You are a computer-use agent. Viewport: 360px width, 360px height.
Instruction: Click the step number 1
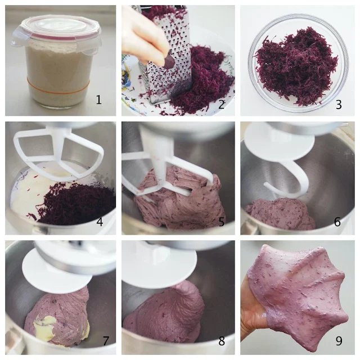(x=99, y=100)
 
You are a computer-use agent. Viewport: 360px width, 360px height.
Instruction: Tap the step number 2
(x=221, y=105)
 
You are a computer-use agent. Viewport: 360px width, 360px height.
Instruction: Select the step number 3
(x=339, y=105)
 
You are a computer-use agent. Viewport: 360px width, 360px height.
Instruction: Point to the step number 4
(x=100, y=222)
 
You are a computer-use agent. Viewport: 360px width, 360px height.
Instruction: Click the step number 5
(x=221, y=222)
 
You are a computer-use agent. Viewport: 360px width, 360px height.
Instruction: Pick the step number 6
(x=337, y=222)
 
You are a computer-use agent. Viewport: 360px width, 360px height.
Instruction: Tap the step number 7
(x=106, y=341)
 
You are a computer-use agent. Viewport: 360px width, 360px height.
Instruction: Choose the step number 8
(x=221, y=341)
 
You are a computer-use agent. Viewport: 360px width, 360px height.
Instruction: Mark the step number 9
(x=339, y=341)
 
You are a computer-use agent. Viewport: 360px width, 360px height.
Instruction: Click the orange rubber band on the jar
(x=58, y=88)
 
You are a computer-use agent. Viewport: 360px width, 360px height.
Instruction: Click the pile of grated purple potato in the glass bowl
(x=296, y=66)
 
